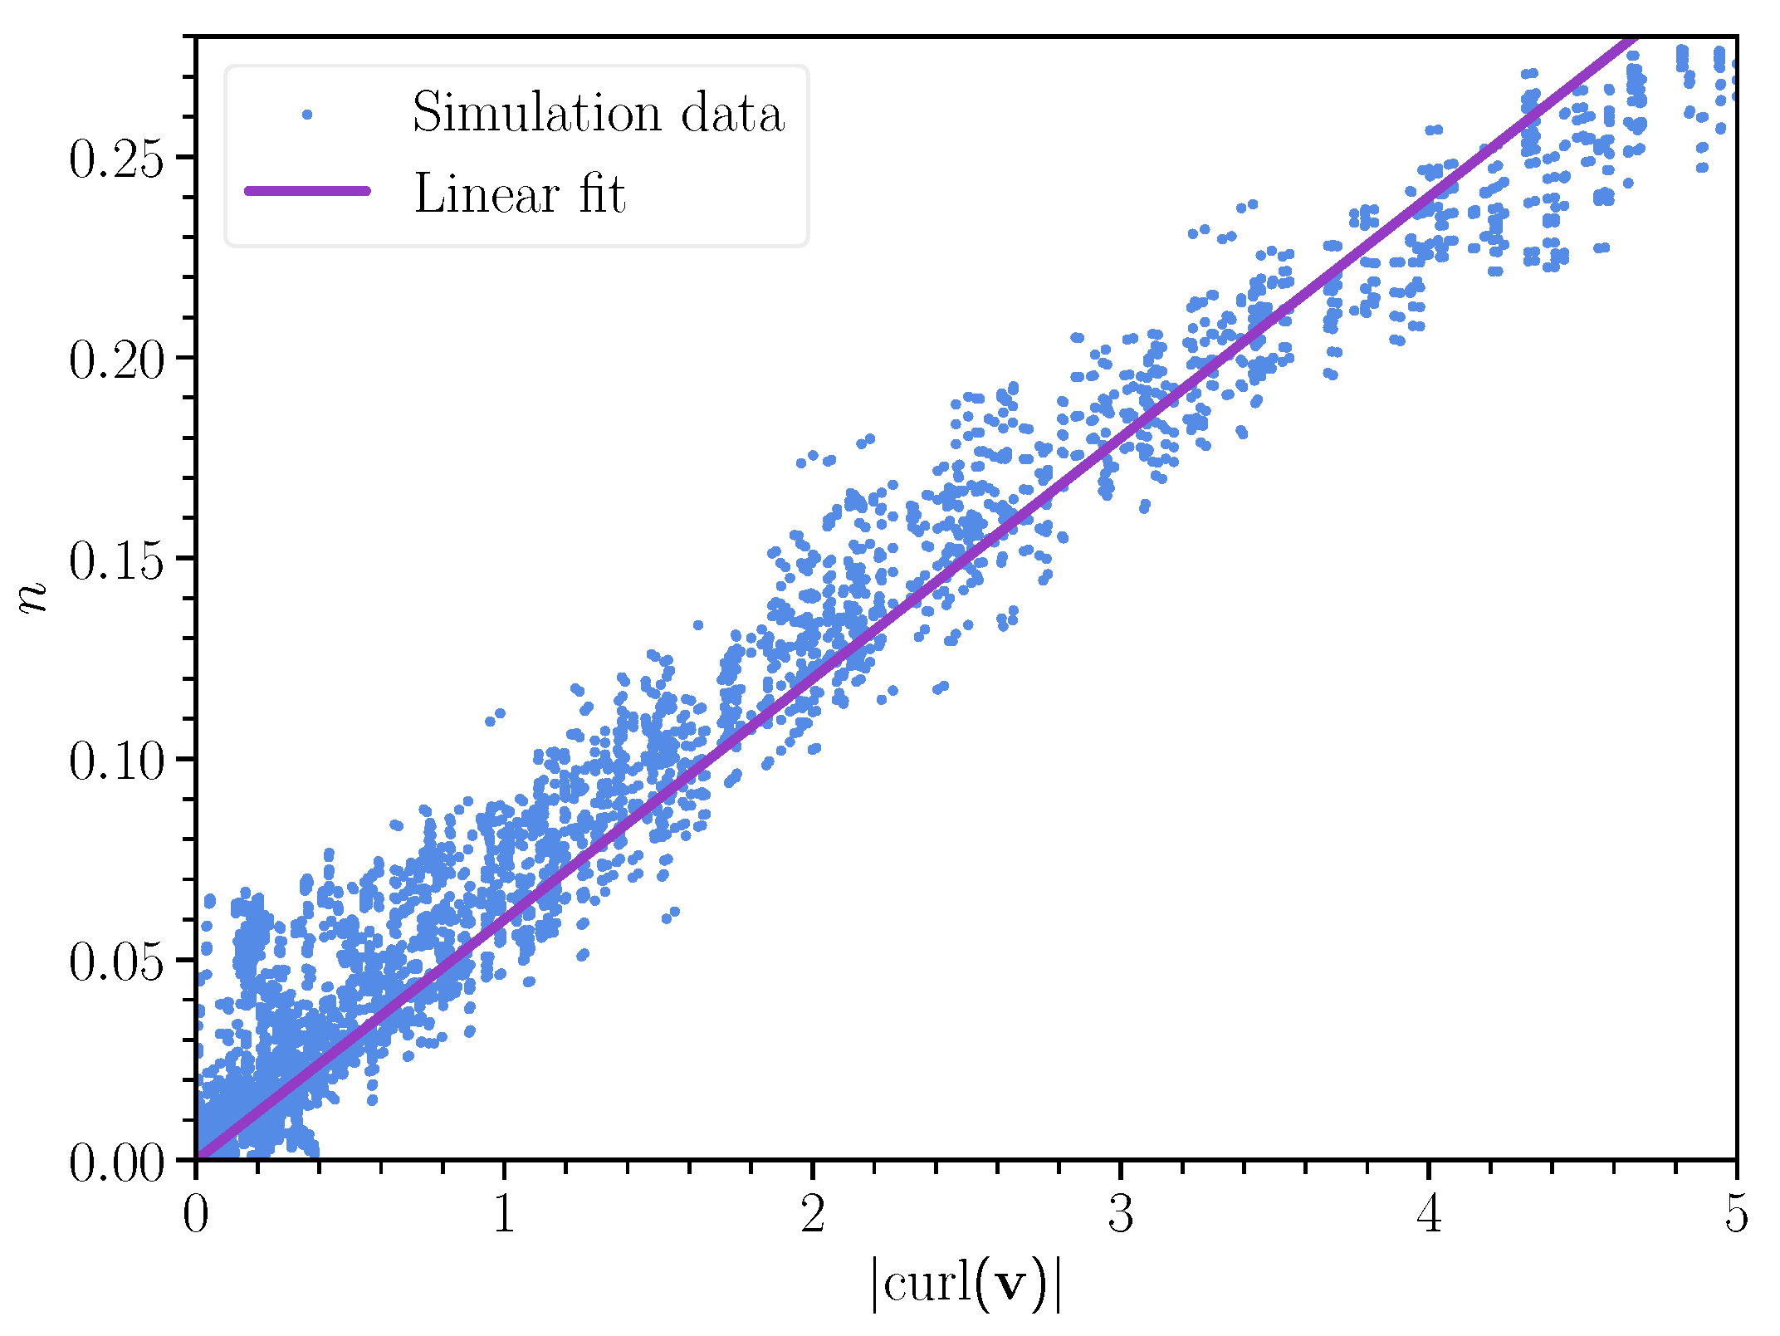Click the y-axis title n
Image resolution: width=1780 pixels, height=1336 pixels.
(x=33, y=597)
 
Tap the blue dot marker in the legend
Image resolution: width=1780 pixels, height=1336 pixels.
(x=307, y=115)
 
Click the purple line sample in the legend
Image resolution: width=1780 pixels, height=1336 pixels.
(x=307, y=191)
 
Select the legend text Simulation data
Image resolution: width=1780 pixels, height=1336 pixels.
(x=598, y=113)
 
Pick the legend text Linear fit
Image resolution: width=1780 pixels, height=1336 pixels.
(x=520, y=193)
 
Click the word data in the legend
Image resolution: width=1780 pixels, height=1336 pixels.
(x=732, y=113)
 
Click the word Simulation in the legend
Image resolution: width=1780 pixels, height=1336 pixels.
(x=536, y=113)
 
